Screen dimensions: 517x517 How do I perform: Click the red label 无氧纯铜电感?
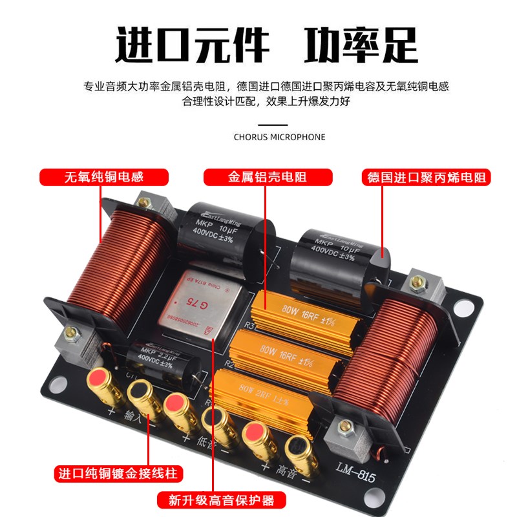coord(104,177)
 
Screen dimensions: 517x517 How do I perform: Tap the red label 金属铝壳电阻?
coord(268,177)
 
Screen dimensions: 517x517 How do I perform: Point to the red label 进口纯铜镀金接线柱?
coord(117,473)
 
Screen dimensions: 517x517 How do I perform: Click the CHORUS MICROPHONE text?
coord(280,137)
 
